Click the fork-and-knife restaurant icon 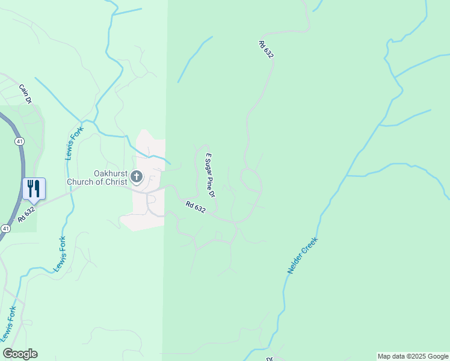(34, 188)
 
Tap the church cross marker (137, 176)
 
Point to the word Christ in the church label (116, 182)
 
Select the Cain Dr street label (25, 93)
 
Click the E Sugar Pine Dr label (211, 175)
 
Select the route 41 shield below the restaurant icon (5, 229)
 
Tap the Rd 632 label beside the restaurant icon (26, 214)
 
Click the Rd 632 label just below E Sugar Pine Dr (196, 207)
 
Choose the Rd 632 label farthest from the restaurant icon (266, 49)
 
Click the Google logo (20, 354)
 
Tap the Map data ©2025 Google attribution (413, 356)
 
